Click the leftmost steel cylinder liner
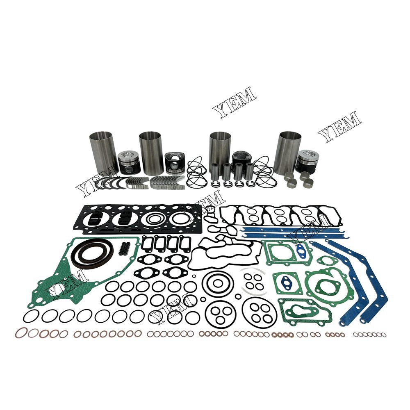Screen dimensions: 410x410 coord(103,152)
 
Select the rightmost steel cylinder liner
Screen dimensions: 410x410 coord(287,152)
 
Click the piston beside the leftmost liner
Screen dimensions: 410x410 coord(129,162)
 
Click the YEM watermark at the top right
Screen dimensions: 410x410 coord(340,126)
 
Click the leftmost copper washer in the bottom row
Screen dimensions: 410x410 coord(21,333)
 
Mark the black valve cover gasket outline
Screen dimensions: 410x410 coord(279,216)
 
